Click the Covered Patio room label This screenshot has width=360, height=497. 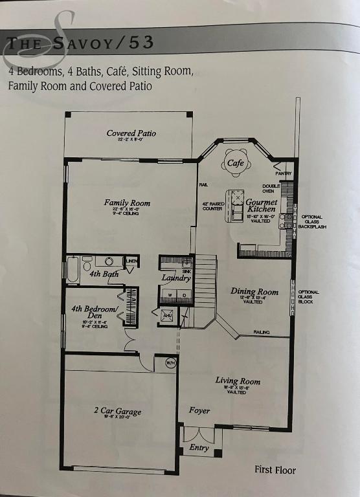(131, 134)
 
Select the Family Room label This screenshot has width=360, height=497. (127, 203)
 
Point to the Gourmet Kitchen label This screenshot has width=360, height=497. (261, 206)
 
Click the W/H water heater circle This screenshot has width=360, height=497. (171, 362)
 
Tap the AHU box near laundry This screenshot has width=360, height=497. (168, 315)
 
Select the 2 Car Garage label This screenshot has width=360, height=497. (117, 411)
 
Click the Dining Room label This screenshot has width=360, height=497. (254, 292)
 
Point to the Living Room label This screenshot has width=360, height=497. (237, 381)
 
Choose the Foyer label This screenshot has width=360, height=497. (199, 411)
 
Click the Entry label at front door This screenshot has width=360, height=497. (199, 447)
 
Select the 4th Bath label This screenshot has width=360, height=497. (103, 274)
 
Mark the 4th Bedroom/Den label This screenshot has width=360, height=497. (95, 313)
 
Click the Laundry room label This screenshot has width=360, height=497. (176, 278)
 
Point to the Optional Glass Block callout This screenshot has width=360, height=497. (309, 297)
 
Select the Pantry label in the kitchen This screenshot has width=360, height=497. (284, 173)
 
